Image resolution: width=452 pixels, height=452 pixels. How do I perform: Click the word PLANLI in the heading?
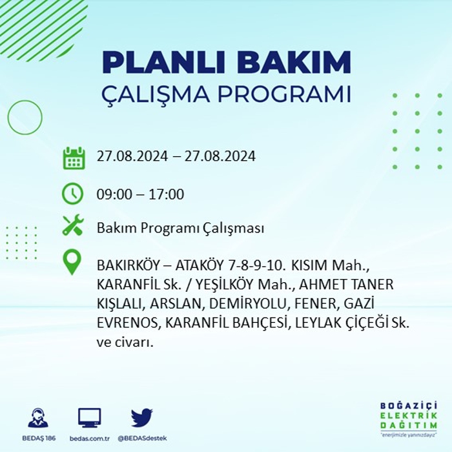163,62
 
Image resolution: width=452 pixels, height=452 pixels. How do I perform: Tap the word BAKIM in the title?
294,62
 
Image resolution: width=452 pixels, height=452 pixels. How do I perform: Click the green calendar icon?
74,158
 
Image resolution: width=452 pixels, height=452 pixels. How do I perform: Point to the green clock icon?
72,194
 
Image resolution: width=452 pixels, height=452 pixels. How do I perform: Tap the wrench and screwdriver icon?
73,225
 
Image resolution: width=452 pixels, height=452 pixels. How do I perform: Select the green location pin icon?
72,262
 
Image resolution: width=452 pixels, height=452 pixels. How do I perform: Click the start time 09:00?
115,194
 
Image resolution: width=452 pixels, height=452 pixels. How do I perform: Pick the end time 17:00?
167,194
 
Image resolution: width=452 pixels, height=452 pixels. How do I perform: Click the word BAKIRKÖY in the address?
128,265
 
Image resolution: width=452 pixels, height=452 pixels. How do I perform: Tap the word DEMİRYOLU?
248,304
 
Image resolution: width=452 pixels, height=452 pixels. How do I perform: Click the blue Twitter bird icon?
142,417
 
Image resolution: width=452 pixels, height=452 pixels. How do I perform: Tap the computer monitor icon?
90,418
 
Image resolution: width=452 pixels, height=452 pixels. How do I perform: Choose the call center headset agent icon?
38,417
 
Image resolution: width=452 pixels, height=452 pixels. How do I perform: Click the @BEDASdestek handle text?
142,438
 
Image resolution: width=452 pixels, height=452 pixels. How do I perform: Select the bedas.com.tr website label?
90,438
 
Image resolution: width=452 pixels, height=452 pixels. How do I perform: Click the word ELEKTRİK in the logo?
409,416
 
